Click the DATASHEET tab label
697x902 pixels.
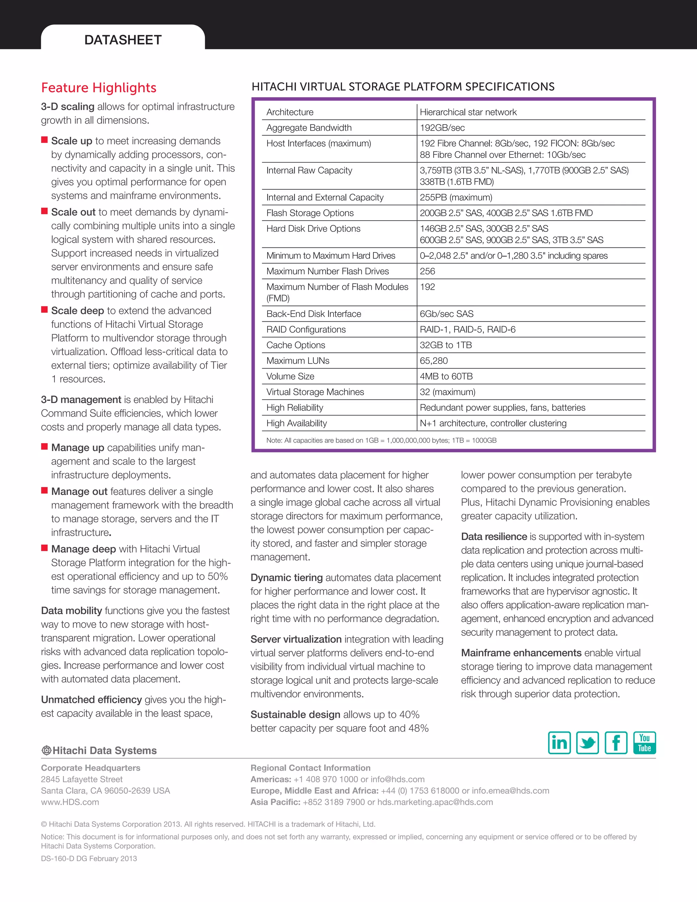[123, 40]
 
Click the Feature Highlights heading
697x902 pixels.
[99, 87]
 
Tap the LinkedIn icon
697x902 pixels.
[559, 743]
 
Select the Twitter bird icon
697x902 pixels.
[587, 743]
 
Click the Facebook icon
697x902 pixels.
[616, 743]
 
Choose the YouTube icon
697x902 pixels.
[644, 743]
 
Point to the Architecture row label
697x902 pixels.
[290, 112]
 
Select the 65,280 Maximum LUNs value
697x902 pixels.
[434, 361]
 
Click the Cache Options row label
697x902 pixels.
[296, 345]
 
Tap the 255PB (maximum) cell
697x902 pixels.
[456, 197]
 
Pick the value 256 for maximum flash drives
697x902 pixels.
[427, 271]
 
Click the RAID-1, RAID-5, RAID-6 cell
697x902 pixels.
[467, 329]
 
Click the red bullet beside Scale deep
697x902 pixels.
[45, 310]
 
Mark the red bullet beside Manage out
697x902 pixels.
[45, 490]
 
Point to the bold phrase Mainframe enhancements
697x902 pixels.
[521, 653]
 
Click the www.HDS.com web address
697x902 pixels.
[70, 802]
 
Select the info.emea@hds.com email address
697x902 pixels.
[510, 790]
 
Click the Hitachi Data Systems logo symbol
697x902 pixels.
[46, 751]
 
